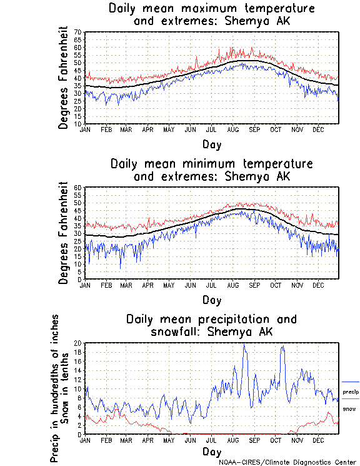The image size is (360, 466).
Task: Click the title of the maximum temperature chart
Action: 211,15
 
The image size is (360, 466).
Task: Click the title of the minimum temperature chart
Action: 211,170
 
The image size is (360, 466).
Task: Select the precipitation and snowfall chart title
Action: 211,325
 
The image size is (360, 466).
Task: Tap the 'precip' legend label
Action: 351,392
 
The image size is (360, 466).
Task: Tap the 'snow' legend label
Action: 349,408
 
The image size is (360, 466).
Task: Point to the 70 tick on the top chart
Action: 79,32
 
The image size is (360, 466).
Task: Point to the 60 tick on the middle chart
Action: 79,188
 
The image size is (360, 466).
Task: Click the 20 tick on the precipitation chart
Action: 78,343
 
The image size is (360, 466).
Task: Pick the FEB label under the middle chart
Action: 106,285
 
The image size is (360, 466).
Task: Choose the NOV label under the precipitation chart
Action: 296,440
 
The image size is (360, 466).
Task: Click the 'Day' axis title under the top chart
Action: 211,144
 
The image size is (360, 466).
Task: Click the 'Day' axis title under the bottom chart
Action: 211,451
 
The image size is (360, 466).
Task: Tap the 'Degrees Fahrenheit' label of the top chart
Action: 63,78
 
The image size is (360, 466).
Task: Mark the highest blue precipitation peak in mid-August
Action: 244,345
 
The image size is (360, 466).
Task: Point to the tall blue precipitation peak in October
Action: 282,347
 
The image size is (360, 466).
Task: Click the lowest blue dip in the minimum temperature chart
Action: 121,268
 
